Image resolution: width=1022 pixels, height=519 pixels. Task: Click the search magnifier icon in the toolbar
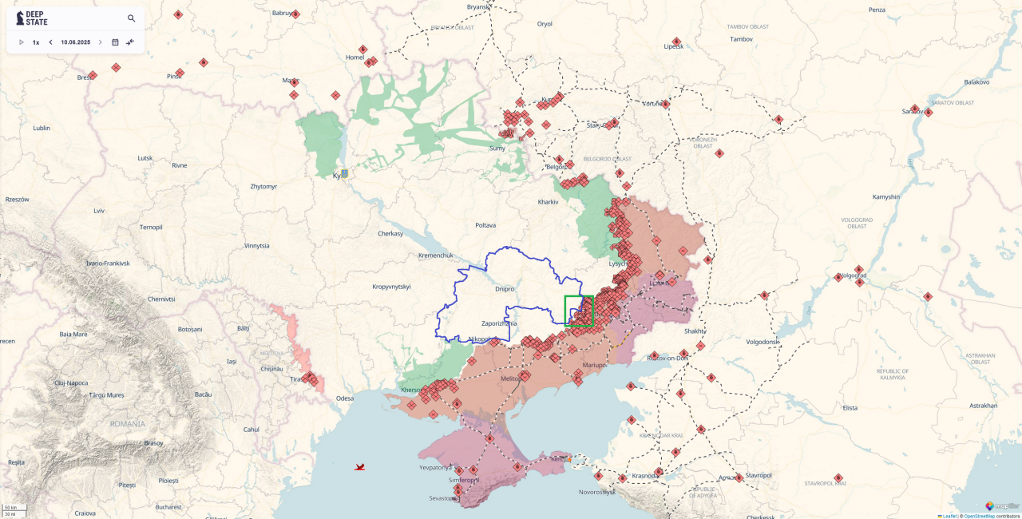pos(132,18)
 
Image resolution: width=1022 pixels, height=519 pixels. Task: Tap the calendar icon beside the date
pos(115,42)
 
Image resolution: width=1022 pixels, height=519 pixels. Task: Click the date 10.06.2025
pos(75,42)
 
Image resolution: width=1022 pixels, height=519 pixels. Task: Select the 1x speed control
pos(36,42)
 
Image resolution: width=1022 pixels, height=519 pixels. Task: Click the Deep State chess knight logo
pos(20,18)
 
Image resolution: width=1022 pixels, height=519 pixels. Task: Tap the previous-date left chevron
pos(51,42)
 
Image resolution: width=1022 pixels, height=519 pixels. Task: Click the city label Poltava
pos(485,225)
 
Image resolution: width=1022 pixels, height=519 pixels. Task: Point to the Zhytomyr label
pos(263,186)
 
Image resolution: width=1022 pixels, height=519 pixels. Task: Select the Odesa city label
pos(344,398)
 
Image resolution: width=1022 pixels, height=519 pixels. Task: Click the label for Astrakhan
pos(983,406)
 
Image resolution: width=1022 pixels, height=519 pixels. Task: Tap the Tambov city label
pos(741,38)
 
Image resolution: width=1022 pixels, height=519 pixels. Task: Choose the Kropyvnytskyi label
pos(391,287)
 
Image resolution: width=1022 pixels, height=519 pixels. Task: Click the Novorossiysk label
pos(597,492)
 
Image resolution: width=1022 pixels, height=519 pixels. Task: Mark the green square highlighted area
pos(579,311)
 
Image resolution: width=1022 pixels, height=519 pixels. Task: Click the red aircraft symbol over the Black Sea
pos(360,466)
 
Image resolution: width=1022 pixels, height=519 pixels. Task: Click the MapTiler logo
pos(1001,505)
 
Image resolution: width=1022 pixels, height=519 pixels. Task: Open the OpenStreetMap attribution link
pos(979,516)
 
